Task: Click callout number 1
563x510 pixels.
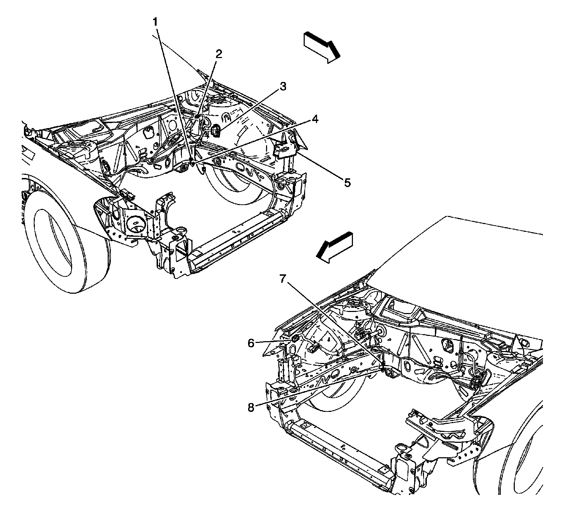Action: click(155, 22)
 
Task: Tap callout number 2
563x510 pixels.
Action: click(219, 54)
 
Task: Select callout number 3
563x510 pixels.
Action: click(283, 87)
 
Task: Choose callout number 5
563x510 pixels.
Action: click(347, 183)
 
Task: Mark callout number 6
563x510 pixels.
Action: click(251, 343)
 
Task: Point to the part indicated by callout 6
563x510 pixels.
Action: click(295, 339)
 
